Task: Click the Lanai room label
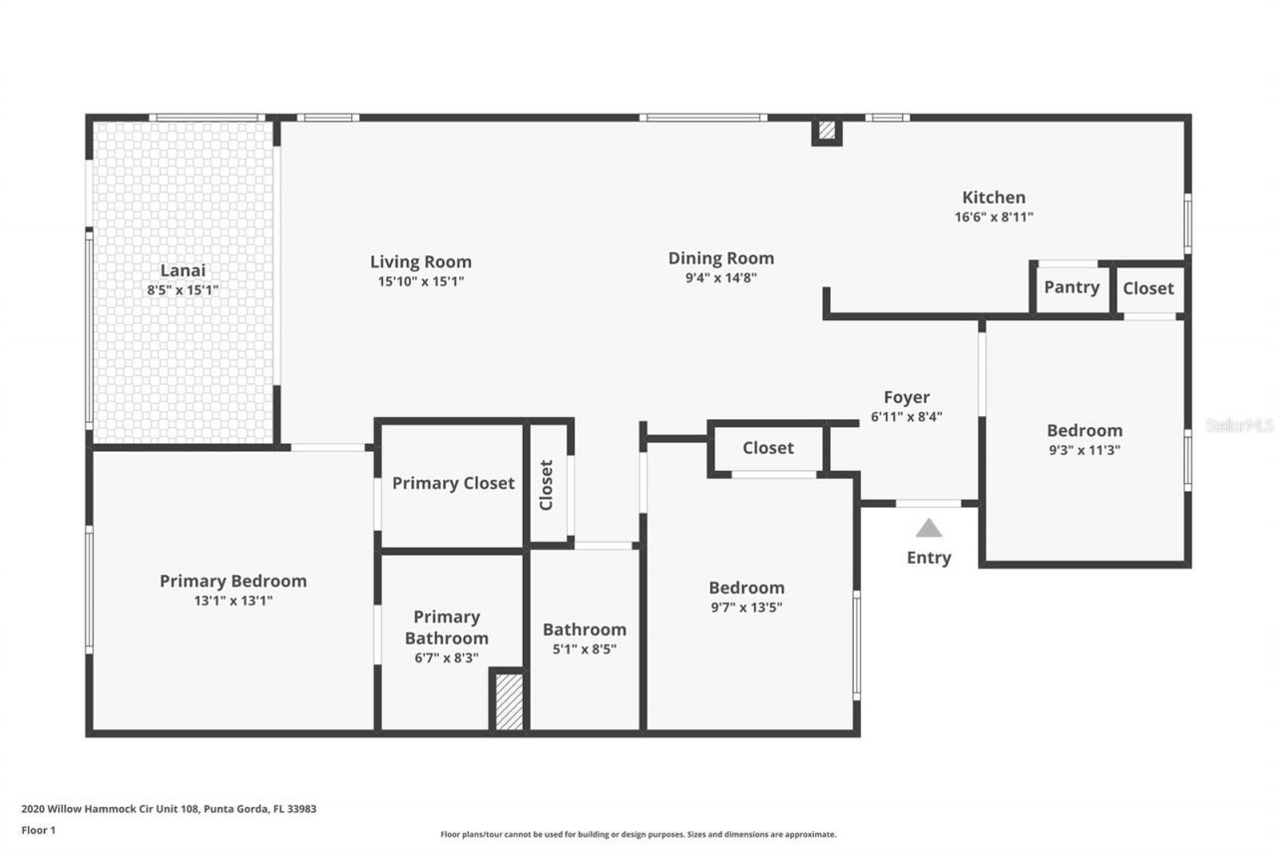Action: [183, 270]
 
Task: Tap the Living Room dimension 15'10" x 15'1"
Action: [420, 281]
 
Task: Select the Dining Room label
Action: [720, 258]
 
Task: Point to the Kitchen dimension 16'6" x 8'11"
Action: [993, 216]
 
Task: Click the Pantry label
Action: [1071, 287]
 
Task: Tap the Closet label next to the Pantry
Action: [1148, 287]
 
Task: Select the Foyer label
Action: [906, 397]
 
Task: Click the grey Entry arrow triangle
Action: [929, 528]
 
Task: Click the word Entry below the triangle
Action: [929, 558]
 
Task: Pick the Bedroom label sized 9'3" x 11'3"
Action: [1084, 430]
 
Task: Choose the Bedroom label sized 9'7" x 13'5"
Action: [746, 588]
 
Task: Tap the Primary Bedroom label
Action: [233, 581]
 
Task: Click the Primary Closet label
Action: [453, 483]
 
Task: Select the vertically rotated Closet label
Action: [547, 485]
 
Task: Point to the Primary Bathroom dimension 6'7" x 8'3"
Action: [445, 657]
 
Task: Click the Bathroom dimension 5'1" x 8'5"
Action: [585, 648]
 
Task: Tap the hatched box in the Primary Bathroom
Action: [509, 701]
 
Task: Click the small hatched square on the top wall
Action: [826, 131]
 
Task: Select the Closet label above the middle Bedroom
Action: [768, 448]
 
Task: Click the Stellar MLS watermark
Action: [1239, 425]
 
